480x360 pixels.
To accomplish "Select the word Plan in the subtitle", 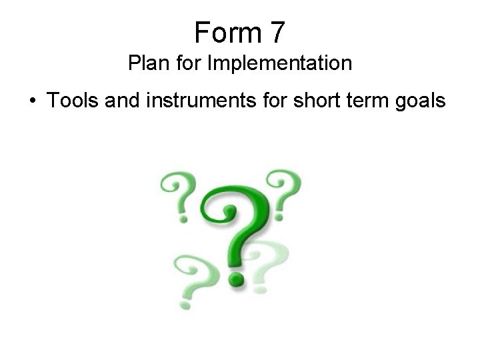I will click(145, 64).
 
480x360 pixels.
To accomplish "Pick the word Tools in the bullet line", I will click(69, 101).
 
